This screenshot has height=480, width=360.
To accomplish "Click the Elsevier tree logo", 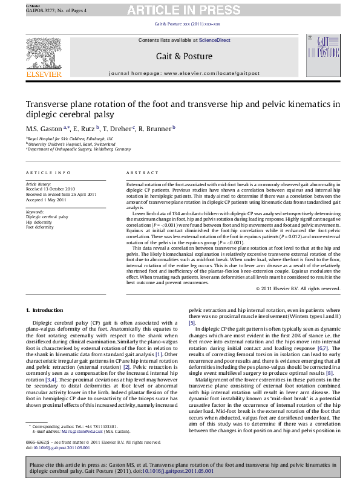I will click(x=43, y=55).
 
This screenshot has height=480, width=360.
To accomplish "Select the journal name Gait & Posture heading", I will click(x=185, y=56).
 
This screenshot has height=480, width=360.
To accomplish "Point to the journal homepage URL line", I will click(x=184, y=73).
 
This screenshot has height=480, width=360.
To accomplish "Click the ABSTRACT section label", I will click(x=138, y=172).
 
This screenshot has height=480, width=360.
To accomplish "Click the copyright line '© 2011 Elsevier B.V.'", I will click(x=298, y=288).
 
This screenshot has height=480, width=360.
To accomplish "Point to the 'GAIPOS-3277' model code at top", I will click(x=39, y=11).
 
